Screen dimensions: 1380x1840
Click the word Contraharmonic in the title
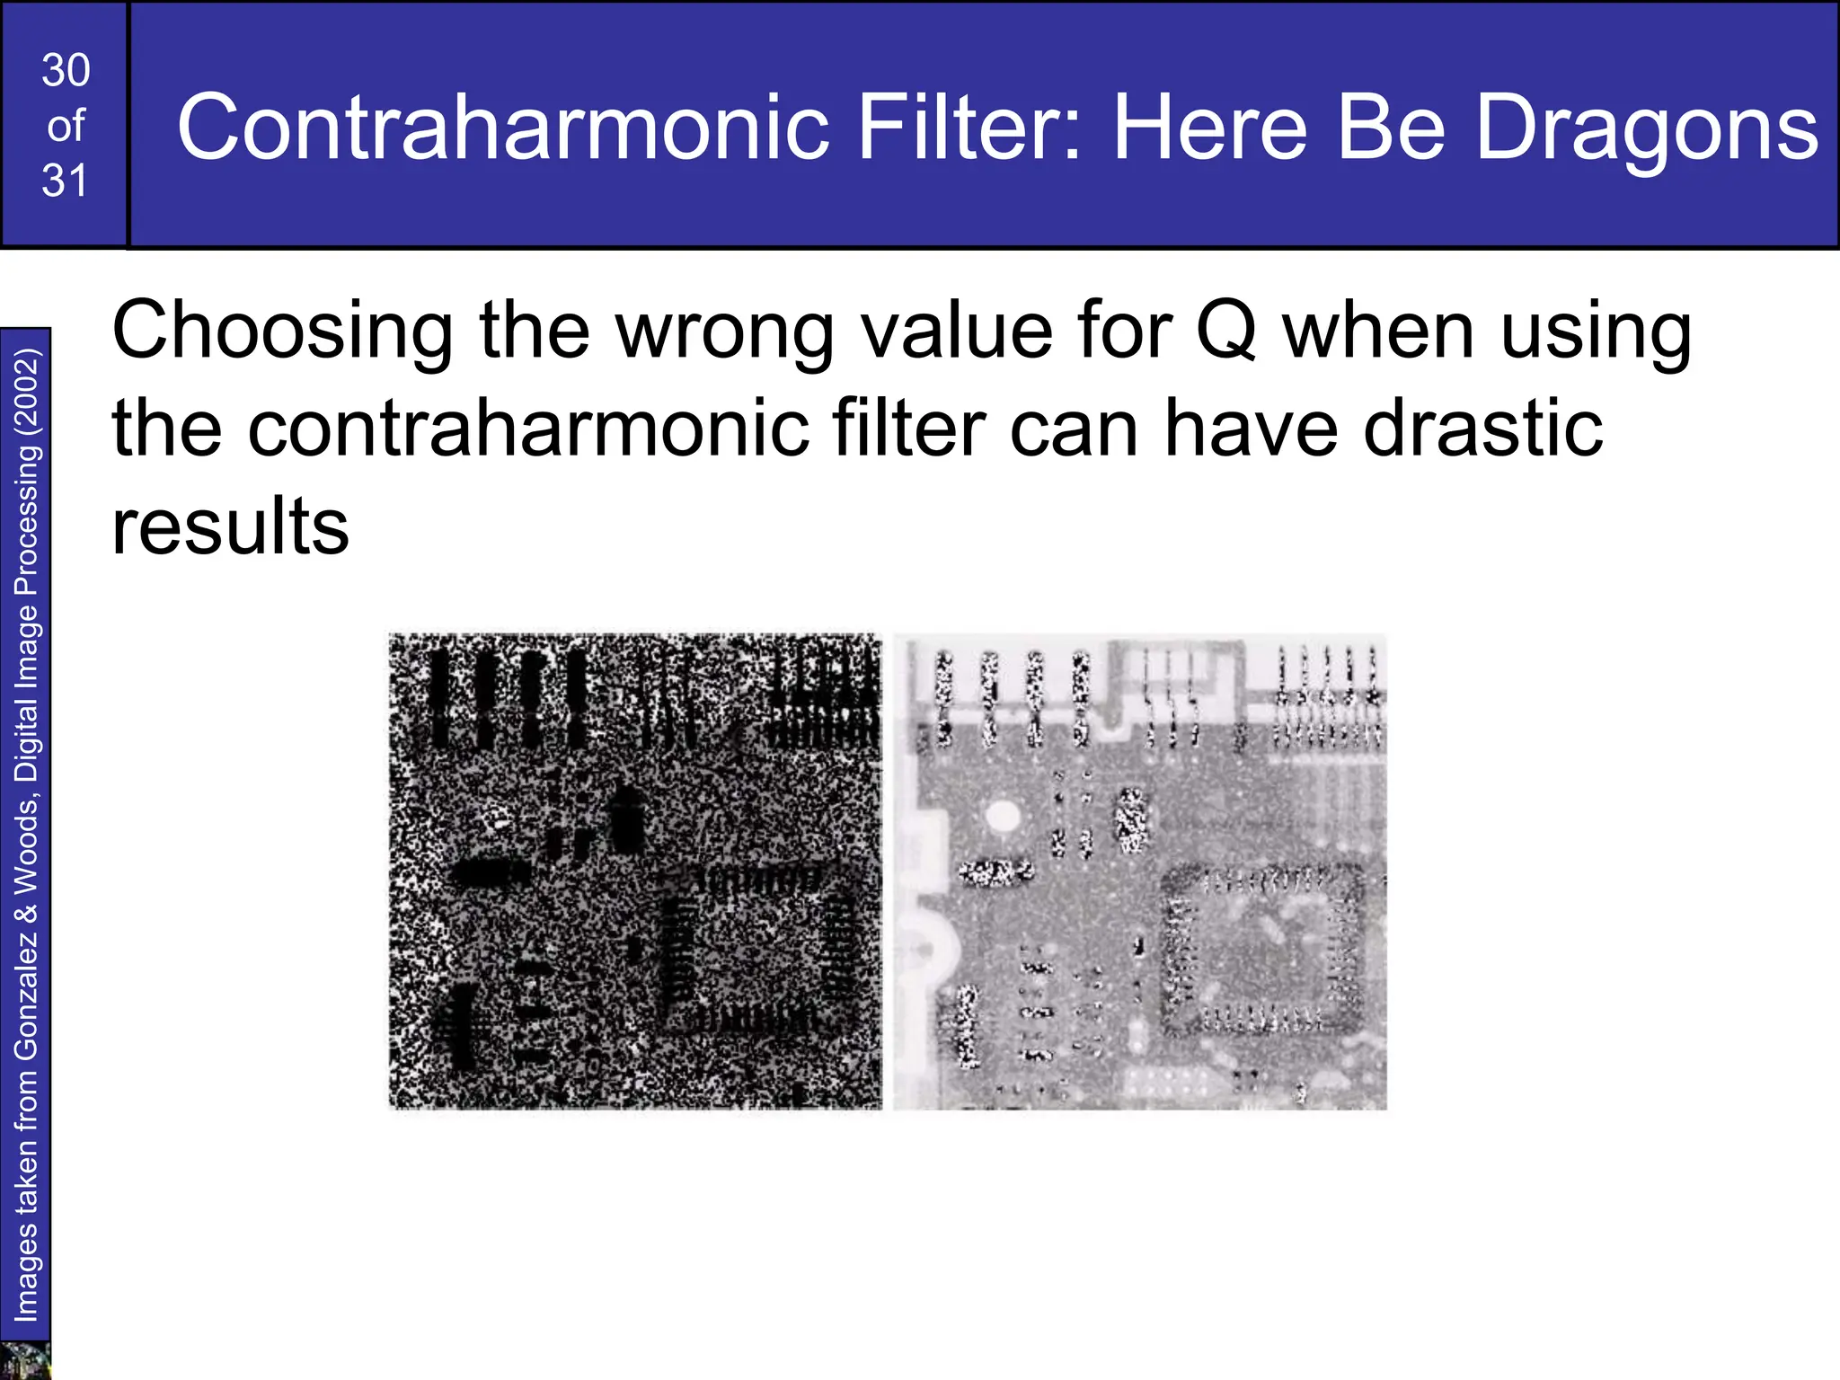[x=502, y=128]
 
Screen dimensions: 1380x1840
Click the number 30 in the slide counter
[x=66, y=70]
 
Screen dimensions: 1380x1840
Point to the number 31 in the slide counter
[x=66, y=181]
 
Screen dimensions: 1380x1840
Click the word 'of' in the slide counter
[x=66, y=126]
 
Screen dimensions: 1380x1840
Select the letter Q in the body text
[x=1225, y=331]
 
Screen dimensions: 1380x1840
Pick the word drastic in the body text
[x=1482, y=428]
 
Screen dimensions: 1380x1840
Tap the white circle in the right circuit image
[x=1003, y=817]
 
